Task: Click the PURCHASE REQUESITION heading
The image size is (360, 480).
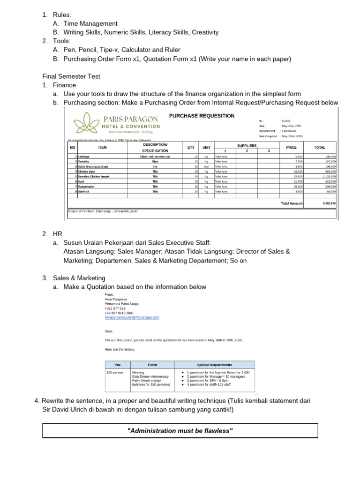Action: [x=202, y=116]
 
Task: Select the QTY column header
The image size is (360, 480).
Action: [x=191, y=147]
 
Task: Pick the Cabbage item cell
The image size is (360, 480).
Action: [x=84, y=156]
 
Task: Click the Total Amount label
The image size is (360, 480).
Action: [x=292, y=203]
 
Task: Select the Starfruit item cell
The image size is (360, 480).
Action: [x=86, y=191]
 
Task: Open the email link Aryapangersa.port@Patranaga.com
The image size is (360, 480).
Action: [x=132, y=317]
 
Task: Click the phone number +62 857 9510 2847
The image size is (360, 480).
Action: [x=119, y=313]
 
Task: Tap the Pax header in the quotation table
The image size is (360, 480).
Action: [x=117, y=365]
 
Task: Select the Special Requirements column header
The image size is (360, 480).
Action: [x=214, y=365]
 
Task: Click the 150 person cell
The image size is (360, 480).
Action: [x=115, y=372]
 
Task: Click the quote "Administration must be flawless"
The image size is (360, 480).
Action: [x=180, y=430]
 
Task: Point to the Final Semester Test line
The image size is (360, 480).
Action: [x=71, y=76]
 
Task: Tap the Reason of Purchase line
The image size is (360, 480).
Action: [x=103, y=211]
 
